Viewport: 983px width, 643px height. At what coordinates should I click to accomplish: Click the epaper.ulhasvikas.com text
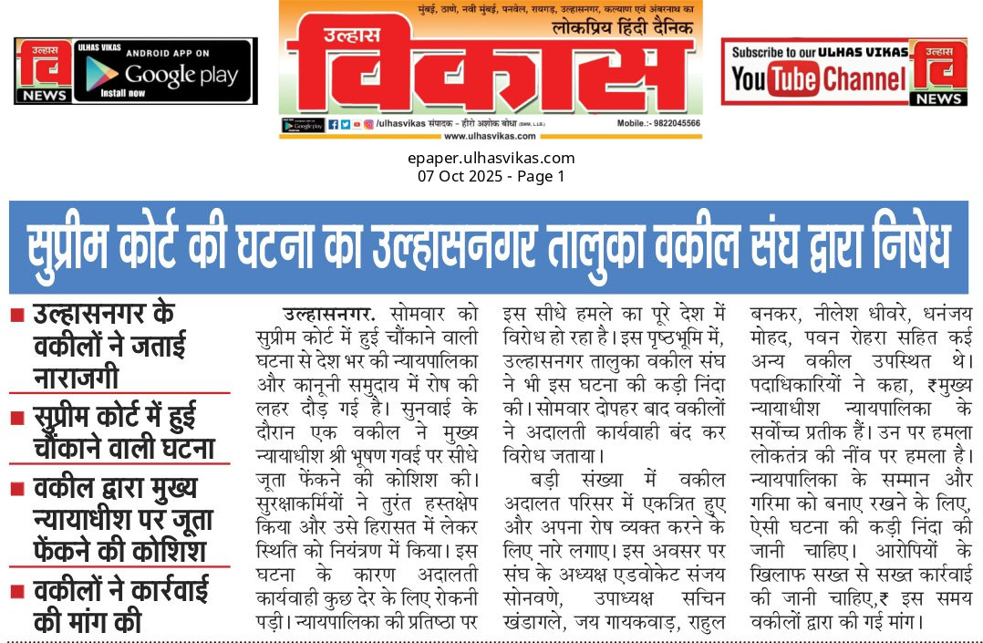click(x=491, y=158)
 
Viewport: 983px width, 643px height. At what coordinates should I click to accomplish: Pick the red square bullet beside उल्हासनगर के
click(x=17, y=316)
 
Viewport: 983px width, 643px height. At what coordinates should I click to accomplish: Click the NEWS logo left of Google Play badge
click(x=44, y=71)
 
